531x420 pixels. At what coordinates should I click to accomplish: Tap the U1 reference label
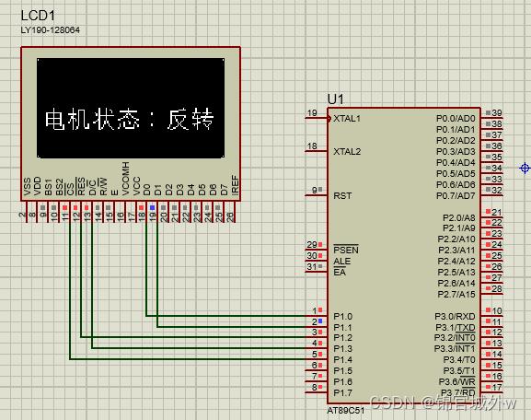tap(335, 99)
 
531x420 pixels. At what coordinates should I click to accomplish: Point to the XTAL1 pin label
tap(347, 119)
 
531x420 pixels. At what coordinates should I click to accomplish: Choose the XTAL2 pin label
tap(347, 151)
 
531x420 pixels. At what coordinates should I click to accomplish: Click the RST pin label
tap(341, 195)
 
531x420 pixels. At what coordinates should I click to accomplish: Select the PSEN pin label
tap(345, 250)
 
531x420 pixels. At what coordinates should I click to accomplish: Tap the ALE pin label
tap(341, 261)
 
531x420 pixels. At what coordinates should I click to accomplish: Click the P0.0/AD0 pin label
tap(456, 119)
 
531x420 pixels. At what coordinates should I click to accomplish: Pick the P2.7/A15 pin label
tap(456, 294)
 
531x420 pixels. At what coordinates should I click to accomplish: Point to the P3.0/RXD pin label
tap(456, 316)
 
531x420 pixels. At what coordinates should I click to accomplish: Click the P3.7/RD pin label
tap(456, 392)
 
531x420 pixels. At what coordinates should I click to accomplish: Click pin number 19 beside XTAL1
tap(312, 113)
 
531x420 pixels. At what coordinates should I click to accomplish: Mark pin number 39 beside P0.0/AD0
tap(497, 112)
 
